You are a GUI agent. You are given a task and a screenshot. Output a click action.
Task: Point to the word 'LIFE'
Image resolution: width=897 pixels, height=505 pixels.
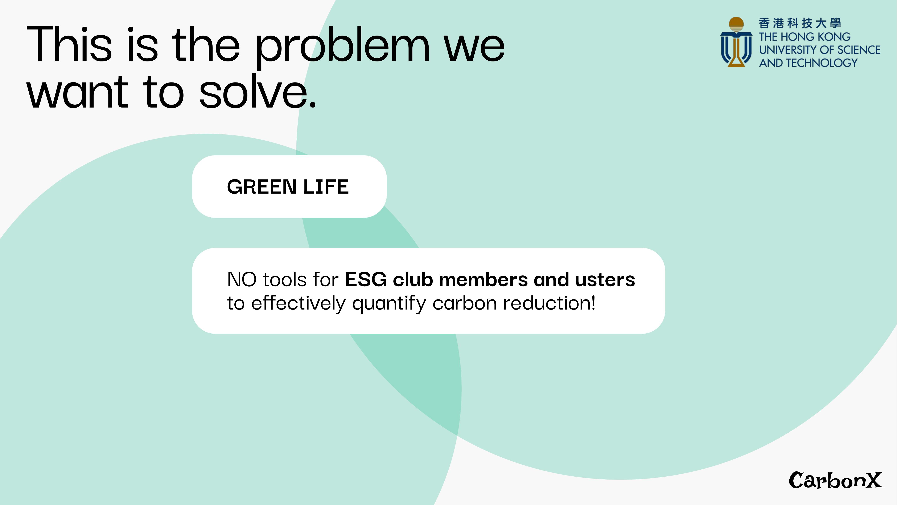(x=326, y=187)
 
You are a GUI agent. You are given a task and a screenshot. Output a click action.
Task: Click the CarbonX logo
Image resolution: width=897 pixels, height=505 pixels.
(x=835, y=480)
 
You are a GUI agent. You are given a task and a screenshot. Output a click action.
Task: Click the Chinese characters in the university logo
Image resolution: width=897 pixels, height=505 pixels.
(x=800, y=23)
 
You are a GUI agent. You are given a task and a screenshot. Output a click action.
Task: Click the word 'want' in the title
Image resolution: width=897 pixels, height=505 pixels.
(x=78, y=92)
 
